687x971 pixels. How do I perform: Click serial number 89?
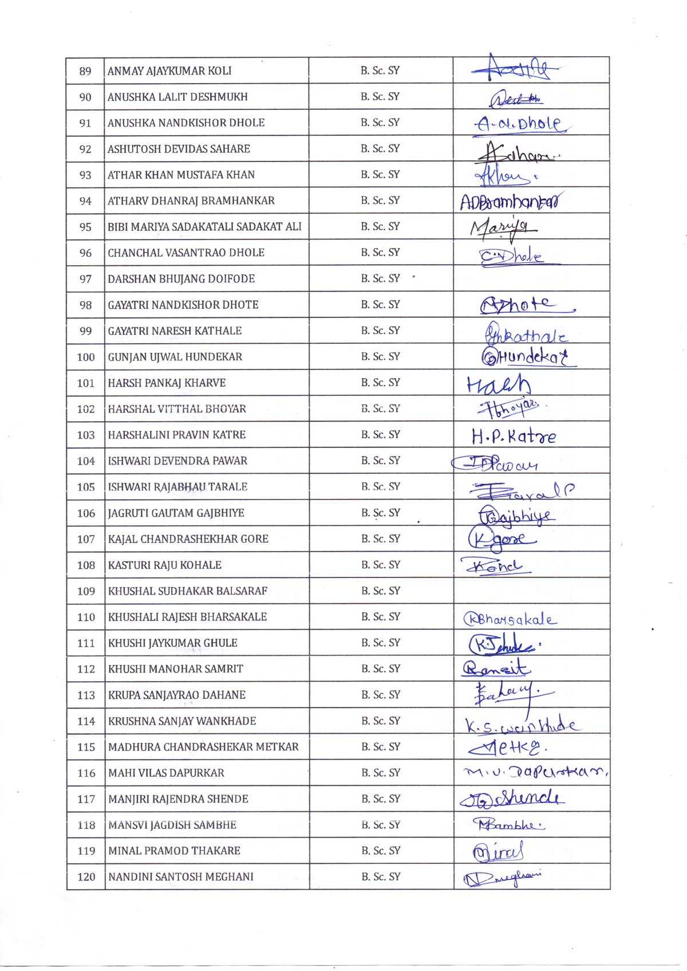pyautogui.click(x=85, y=71)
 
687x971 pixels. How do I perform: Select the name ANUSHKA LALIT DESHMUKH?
pyautogui.click(x=177, y=97)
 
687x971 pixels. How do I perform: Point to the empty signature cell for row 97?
pyautogui.click(x=531, y=278)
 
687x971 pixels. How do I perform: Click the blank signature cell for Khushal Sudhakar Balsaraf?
pyautogui.click(x=531, y=591)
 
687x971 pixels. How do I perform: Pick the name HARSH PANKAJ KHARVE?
pyautogui.click(x=167, y=383)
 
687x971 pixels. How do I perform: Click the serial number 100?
pyautogui.click(x=86, y=357)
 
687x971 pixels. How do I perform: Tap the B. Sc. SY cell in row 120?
pyautogui.click(x=381, y=876)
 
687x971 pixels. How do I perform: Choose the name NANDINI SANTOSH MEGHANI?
pyautogui.click(x=181, y=876)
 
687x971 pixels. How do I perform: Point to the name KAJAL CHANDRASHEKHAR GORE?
pyautogui.click(x=188, y=539)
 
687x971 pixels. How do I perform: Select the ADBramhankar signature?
pyautogui.click(x=511, y=202)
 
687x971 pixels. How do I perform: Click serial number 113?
pyautogui.click(x=86, y=695)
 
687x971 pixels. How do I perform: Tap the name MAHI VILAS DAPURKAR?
pyautogui.click(x=166, y=773)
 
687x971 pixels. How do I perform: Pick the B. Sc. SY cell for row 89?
pyautogui.click(x=380, y=70)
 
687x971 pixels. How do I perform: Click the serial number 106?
pyautogui.click(x=86, y=513)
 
